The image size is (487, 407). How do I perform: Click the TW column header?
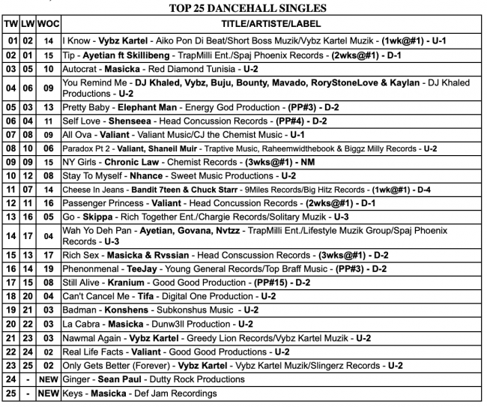click(x=11, y=23)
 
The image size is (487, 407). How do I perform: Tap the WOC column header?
click(x=48, y=23)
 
